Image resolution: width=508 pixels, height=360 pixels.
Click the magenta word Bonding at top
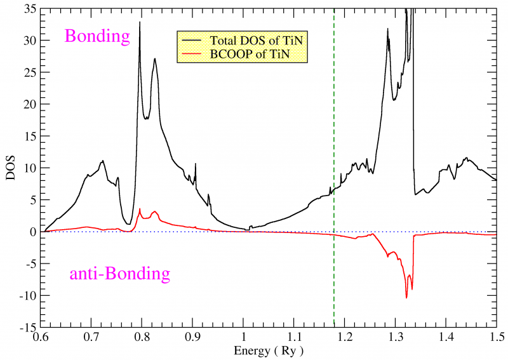coord(97,36)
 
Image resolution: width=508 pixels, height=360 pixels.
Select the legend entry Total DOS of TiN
coord(254,41)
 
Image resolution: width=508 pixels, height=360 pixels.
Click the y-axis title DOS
coord(10,169)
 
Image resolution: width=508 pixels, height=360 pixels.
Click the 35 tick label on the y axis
coord(30,9)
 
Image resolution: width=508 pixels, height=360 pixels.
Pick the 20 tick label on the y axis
coord(30,105)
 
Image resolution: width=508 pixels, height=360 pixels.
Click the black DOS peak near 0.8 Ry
coord(140,23)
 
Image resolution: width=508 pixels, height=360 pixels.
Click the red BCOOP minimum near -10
coord(406,297)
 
